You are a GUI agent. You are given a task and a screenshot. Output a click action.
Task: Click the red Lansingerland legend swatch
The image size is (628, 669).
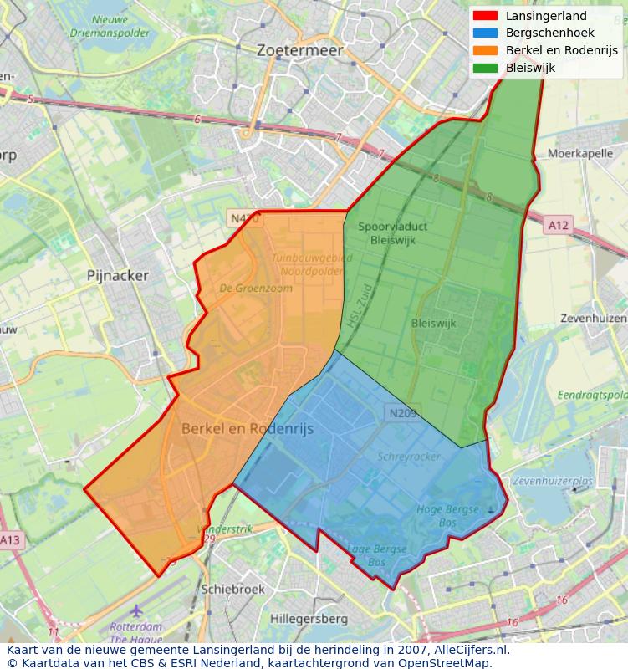click(x=485, y=16)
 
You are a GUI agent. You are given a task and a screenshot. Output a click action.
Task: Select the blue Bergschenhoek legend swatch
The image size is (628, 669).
click(x=485, y=33)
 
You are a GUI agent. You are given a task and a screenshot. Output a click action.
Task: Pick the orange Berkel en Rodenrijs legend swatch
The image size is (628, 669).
click(x=485, y=51)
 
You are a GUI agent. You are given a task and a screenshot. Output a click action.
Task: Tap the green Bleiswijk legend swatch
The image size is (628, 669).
click(x=485, y=69)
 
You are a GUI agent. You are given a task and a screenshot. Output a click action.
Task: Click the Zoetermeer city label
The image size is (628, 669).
click(x=300, y=50)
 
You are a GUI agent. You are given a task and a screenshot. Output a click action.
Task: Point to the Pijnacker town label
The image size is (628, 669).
click(x=118, y=275)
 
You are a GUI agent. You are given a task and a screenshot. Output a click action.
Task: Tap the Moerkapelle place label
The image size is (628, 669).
click(x=580, y=154)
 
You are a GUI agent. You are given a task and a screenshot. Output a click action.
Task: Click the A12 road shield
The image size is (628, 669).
click(x=559, y=225)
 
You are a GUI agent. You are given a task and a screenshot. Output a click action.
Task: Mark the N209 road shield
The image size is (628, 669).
click(x=401, y=412)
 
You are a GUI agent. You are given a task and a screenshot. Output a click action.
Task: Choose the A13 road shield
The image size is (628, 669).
click(x=9, y=540)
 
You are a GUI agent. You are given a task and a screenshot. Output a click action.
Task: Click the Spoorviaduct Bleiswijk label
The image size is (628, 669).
click(x=386, y=233)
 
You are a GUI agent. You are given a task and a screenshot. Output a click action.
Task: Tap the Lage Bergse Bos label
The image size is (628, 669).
click(x=377, y=556)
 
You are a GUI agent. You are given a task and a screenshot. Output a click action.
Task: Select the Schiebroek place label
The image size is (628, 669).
click(x=232, y=589)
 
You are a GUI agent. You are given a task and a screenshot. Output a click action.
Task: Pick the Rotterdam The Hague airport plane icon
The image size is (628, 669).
click(x=136, y=610)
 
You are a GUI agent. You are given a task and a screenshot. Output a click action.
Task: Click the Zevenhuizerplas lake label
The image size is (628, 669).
click(x=553, y=482)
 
